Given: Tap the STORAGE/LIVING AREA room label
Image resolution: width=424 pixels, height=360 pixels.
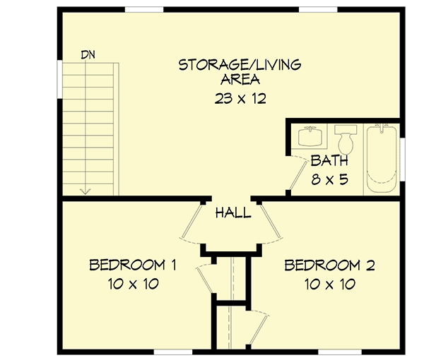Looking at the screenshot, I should pos(240,72).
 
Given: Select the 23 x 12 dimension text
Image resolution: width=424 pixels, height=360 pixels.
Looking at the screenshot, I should pos(240,99).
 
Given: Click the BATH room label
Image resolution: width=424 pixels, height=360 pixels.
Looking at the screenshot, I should pos(329,160).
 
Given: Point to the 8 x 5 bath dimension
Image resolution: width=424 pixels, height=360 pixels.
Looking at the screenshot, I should pos(329,179).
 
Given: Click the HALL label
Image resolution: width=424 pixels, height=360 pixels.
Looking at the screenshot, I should pos(232,212).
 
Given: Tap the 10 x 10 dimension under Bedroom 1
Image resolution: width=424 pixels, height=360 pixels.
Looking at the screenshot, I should pos(132,284).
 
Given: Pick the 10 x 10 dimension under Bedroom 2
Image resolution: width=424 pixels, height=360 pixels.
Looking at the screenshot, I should pos(329,284).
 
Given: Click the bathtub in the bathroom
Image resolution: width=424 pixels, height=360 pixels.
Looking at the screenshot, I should pos(382,159).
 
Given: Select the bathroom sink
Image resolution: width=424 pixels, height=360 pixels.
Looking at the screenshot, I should pos(310,134).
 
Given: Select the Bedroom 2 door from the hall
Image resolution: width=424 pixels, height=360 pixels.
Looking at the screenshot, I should pos(272,222).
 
